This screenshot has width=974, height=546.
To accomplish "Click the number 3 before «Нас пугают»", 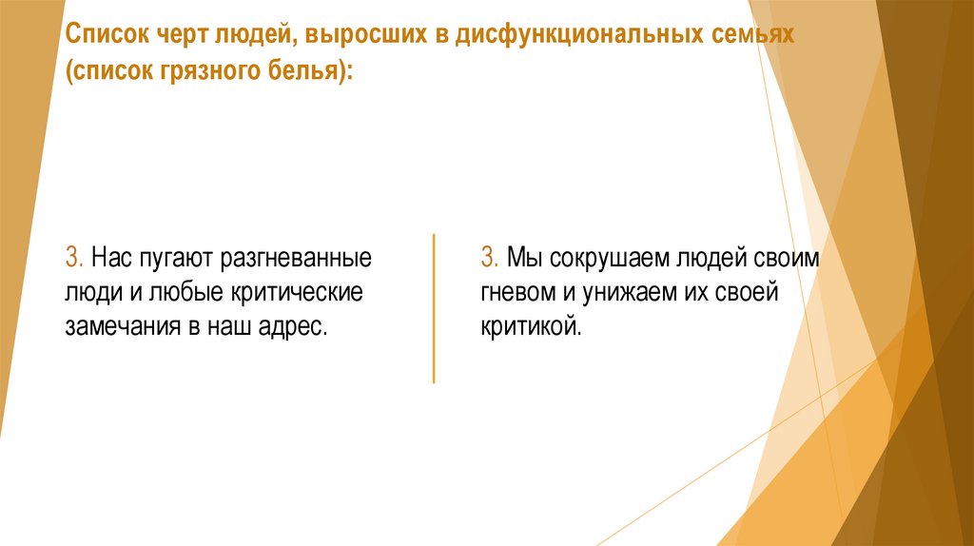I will point(74,258).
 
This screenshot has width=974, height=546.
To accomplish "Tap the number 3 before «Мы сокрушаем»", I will point(489,258).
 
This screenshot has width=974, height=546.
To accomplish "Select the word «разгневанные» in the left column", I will point(298,258).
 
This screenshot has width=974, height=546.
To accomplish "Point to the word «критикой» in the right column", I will point(529,326).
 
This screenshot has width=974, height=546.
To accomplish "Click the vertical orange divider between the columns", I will point(434,306).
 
